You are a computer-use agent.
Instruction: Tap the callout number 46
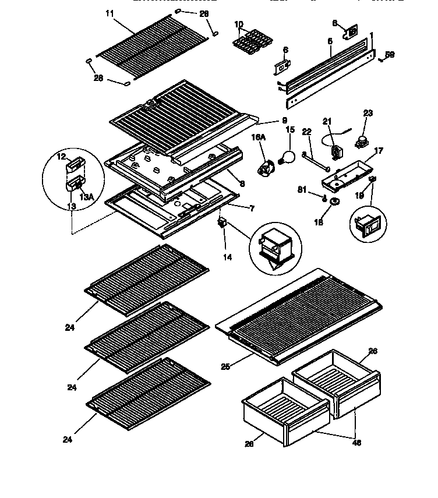(357, 443)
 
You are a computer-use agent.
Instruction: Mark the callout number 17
(379, 151)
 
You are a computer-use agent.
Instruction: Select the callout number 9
(284, 121)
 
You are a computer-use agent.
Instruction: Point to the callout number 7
(251, 208)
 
